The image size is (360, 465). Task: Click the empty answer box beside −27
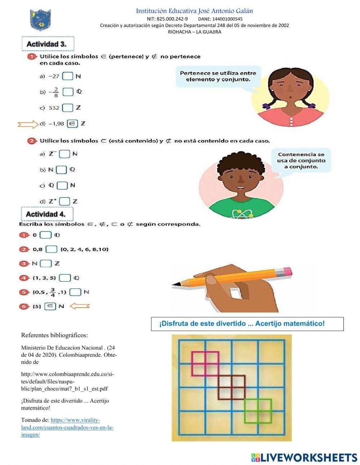(67, 76)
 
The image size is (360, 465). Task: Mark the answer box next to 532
(67, 108)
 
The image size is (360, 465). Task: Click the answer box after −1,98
(72, 124)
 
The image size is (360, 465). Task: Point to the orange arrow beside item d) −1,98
(28, 125)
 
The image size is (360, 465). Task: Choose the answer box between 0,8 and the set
(51, 249)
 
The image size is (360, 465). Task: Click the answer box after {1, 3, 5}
(65, 278)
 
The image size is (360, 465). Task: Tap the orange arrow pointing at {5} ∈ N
(79, 306)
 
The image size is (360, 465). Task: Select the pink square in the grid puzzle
(205, 364)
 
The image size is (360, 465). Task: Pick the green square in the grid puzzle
(258, 411)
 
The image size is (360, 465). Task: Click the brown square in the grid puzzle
(231, 387)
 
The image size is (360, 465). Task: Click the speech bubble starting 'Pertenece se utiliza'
(218, 76)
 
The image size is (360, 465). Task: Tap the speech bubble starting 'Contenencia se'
(301, 161)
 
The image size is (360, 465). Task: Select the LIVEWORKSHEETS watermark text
(304, 457)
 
